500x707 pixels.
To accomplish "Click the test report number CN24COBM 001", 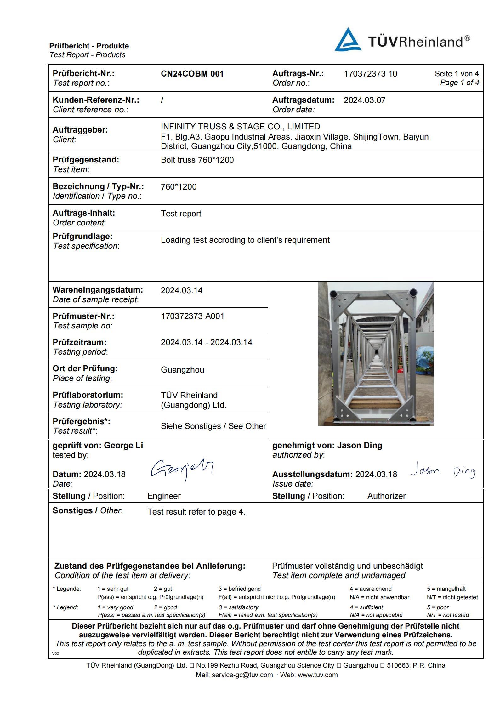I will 192,74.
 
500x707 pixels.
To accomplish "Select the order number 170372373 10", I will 370,74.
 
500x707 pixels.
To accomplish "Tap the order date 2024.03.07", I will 364,100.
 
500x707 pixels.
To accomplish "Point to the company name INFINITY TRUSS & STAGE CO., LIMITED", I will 240,127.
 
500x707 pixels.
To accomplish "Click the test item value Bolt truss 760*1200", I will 197,160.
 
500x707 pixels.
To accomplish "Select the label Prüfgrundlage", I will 82,236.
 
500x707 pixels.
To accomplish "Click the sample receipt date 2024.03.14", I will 181,290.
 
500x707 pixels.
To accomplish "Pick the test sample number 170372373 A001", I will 192,316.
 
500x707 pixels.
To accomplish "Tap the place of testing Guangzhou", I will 182,370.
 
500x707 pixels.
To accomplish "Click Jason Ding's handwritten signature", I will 442,471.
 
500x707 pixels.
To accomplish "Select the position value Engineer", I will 164,496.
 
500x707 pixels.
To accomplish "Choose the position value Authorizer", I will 386,496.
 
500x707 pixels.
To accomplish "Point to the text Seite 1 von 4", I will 457,74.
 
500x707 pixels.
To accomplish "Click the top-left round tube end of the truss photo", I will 332,294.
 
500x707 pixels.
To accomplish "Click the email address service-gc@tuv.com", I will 242,675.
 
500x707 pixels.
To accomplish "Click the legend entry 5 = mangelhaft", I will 446,589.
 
